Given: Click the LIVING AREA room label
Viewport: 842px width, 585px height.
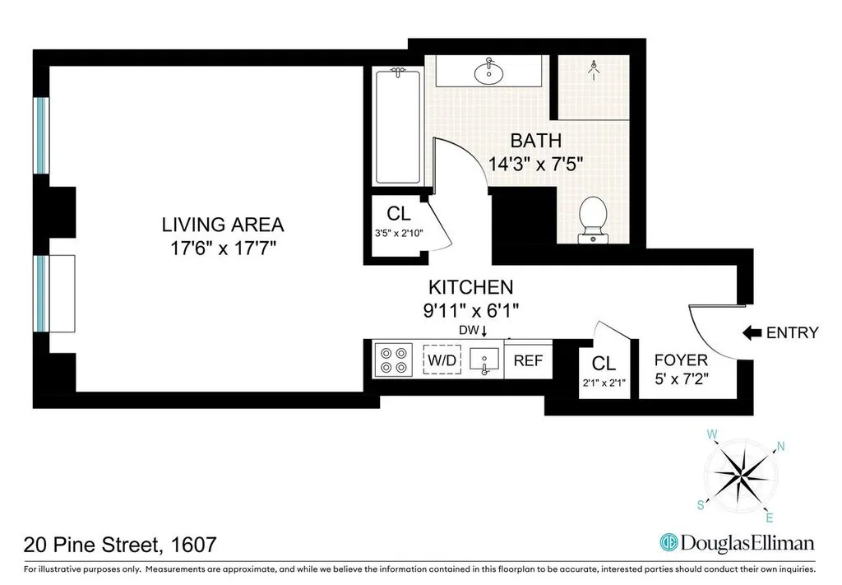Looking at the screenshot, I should point(222,224).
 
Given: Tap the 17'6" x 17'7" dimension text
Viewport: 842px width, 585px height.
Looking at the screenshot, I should point(222,248).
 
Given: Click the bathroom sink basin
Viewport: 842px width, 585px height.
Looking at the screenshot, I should point(488,72).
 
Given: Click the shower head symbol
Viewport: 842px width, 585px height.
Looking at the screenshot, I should point(594,70).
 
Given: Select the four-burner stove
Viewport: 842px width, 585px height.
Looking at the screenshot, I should point(391,360).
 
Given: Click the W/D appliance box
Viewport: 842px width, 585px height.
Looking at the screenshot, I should point(442,360).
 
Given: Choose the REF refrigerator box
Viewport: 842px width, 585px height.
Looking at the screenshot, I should point(527,360).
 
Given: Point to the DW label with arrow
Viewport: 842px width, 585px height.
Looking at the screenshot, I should point(474,331).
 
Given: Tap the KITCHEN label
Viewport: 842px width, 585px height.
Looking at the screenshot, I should point(470,287).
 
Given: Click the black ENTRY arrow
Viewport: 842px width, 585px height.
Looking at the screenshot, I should point(752,332).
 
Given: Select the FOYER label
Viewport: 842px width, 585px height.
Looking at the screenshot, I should point(680,360).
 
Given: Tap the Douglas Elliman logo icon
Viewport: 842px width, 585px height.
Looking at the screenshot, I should point(671,543).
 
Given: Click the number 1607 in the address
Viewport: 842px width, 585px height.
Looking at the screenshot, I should point(193,544).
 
